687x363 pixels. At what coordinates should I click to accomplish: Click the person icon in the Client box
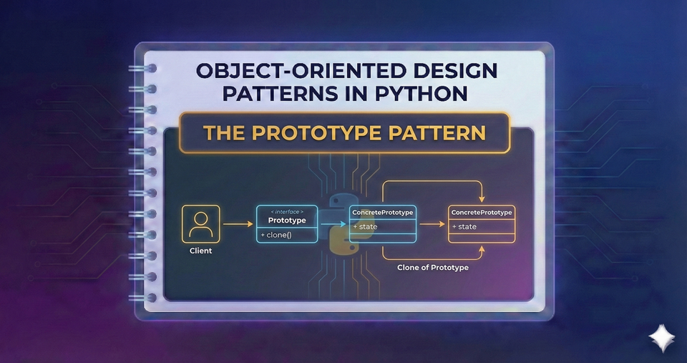pyautogui.click(x=201, y=223)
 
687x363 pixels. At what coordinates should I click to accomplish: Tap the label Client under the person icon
pyautogui.click(x=201, y=251)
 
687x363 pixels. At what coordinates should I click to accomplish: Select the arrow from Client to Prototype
pyautogui.click(x=238, y=224)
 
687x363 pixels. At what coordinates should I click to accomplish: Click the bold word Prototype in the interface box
pyautogui.click(x=287, y=221)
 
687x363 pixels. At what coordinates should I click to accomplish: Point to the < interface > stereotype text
pyautogui.click(x=287, y=212)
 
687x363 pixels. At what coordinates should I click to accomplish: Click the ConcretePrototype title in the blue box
pyautogui.click(x=383, y=213)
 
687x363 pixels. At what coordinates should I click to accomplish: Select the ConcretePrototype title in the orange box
pyautogui.click(x=481, y=213)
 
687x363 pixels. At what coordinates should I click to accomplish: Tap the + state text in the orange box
pyautogui.click(x=463, y=227)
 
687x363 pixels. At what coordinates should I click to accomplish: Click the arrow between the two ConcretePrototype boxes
pyautogui.click(x=432, y=224)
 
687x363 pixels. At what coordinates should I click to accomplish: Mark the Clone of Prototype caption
pyautogui.click(x=433, y=267)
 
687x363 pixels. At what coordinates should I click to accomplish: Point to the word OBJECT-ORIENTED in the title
pyautogui.click(x=264, y=72)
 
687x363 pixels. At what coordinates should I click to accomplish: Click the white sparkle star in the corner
pyautogui.click(x=659, y=337)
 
